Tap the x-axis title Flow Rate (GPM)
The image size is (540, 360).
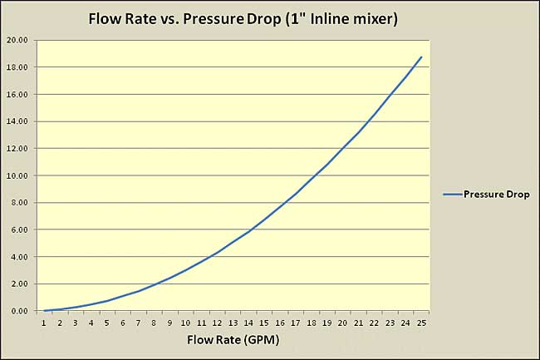pos(233,339)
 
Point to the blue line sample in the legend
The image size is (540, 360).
pos(454,195)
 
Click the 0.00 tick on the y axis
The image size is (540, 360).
pos(20,311)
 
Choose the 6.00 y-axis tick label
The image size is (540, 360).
pos(20,229)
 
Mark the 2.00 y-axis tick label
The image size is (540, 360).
pos(20,284)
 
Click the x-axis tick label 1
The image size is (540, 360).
pos(45,323)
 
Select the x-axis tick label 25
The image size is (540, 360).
pos(421,323)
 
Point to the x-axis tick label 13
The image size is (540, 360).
pos(233,323)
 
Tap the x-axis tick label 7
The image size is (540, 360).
pos(139,323)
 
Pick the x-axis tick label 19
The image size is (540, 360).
pos(327,323)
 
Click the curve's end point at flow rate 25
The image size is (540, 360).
pos(421,57)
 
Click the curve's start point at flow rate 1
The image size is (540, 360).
pos(45,310)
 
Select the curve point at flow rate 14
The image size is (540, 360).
pos(248,231)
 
